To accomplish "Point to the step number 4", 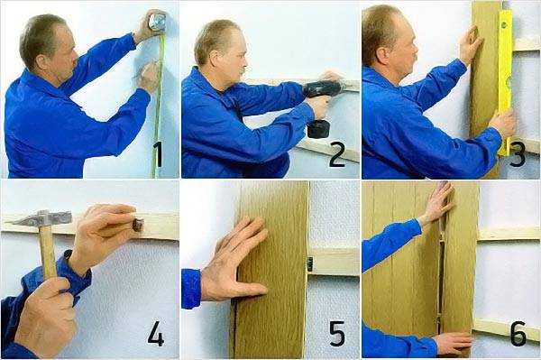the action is coord(156,334).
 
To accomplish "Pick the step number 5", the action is coord(337,334).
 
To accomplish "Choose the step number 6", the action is coord(518,334).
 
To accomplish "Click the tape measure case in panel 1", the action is coord(157,22).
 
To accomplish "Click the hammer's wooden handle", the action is coord(47,252).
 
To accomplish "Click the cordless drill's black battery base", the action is coord(318,129).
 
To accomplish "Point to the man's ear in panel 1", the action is coord(42,62).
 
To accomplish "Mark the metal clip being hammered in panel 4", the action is coord(137,225).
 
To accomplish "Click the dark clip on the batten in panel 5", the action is coord(310,264).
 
